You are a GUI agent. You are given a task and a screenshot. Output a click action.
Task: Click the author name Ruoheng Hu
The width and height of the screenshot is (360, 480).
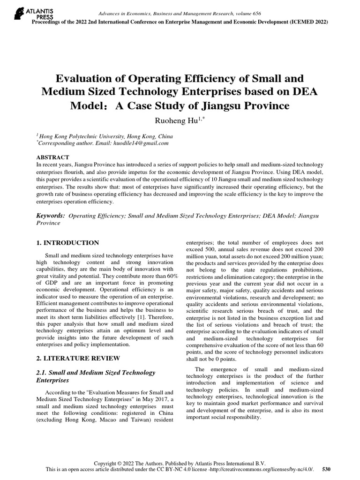click(178, 121)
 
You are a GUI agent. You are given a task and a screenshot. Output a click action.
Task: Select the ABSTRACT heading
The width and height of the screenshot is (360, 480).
click(52, 157)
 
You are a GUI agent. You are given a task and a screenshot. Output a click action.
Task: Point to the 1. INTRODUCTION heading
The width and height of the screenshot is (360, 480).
click(67, 243)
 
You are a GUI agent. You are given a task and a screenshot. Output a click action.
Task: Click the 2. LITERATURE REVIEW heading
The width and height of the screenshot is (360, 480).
click(78, 358)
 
